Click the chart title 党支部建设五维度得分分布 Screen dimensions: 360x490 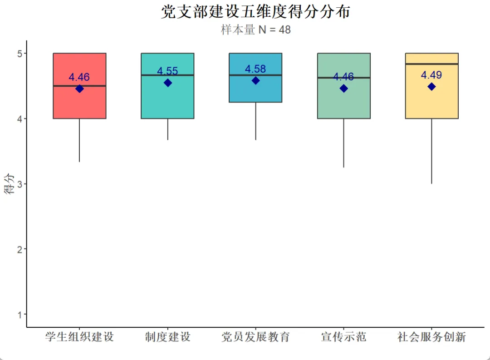pos(255,12)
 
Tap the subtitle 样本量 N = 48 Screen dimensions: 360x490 pos(255,30)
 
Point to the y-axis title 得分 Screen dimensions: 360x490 pos(9,184)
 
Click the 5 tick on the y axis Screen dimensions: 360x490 pos(20,53)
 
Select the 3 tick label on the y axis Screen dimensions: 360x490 pos(20,184)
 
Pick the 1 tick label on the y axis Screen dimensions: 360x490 pos(20,314)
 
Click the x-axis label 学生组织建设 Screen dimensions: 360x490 pos(79,337)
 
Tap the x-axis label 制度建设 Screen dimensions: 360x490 pos(168,337)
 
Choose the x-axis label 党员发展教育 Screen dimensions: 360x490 pos(255,337)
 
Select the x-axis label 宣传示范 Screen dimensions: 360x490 pos(343,337)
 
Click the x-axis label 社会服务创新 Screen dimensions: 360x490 pos(431,337)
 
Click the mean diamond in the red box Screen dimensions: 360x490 pos(79,89)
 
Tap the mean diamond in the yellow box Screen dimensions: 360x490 pos(431,87)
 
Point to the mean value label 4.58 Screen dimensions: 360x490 pos(255,69)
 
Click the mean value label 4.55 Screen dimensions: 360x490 pos(167,71)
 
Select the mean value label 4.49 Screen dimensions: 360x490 pos(431,75)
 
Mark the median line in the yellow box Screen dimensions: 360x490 pos(431,64)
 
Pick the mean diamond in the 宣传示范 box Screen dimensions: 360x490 pos(343,89)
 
